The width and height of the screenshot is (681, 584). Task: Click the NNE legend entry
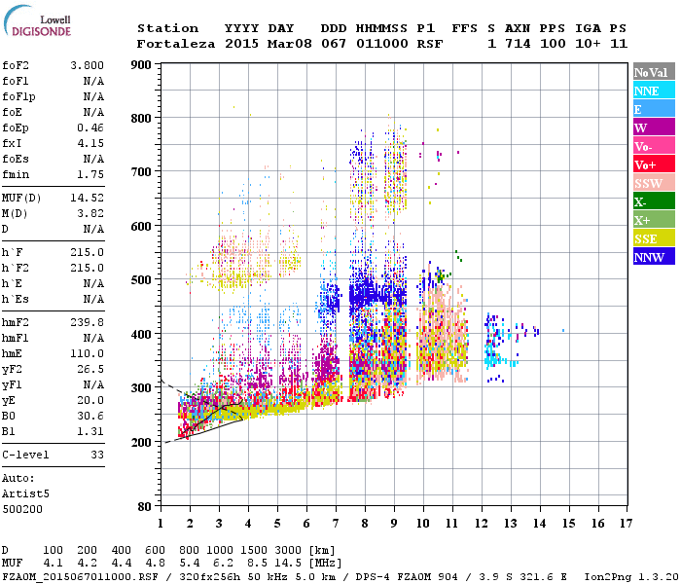[653, 91]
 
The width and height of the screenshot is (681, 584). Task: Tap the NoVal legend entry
[653, 72]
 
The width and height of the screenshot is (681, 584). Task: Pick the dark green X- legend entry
[653, 201]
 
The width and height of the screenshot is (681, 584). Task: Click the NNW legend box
[653, 257]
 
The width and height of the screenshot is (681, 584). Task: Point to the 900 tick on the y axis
[142, 65]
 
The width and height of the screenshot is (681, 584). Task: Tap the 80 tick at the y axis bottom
[145, 506]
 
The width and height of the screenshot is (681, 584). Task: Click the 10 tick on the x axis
[423, 524]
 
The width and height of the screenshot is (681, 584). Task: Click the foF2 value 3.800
[87, 65]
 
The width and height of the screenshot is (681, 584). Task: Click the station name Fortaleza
[176, 44]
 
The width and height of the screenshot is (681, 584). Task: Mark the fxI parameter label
[12, 143]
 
